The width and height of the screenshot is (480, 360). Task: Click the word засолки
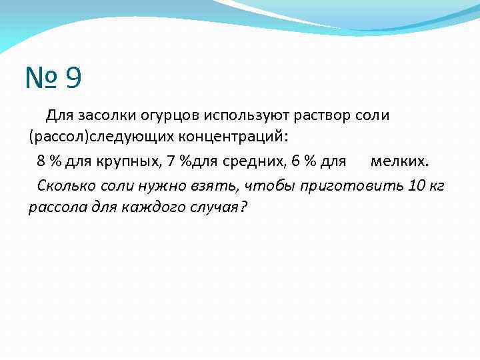tap(105, 116)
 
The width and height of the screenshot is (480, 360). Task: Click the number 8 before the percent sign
tap(41, 161)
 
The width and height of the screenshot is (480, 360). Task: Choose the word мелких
tap(400, 161)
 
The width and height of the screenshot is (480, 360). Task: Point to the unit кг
tap(437, 185)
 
